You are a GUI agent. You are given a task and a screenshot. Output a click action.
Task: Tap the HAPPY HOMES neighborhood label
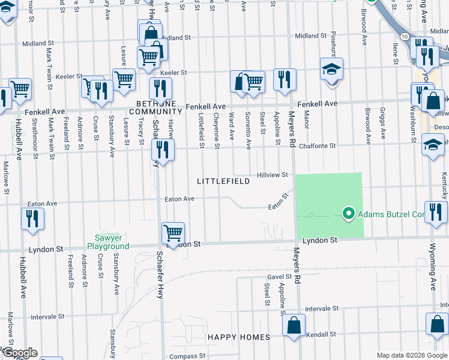coord(239,337)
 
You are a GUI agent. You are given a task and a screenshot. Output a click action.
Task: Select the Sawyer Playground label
coord(108,242)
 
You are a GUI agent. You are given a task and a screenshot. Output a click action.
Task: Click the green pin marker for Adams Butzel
coord(347,214)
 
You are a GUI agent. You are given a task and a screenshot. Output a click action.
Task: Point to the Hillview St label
coord(273,175)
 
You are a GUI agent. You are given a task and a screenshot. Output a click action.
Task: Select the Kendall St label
coord(321,334)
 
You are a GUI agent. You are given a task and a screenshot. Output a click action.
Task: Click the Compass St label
coord(184,356)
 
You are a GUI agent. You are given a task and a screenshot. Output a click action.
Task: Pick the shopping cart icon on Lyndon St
coord(173,231)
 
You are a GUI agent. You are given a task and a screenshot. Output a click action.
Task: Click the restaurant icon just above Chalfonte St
coord(162,148)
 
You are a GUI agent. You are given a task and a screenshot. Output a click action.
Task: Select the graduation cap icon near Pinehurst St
coord(331,69)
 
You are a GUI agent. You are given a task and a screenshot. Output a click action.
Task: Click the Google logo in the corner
coord(19,353)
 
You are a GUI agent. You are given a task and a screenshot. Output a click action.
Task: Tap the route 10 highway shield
coord(406,37)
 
